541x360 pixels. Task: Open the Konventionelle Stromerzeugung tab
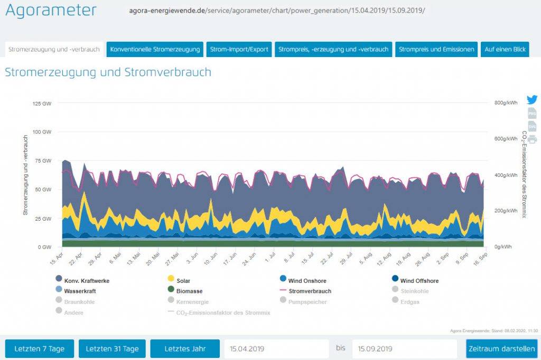tap(155, 50)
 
